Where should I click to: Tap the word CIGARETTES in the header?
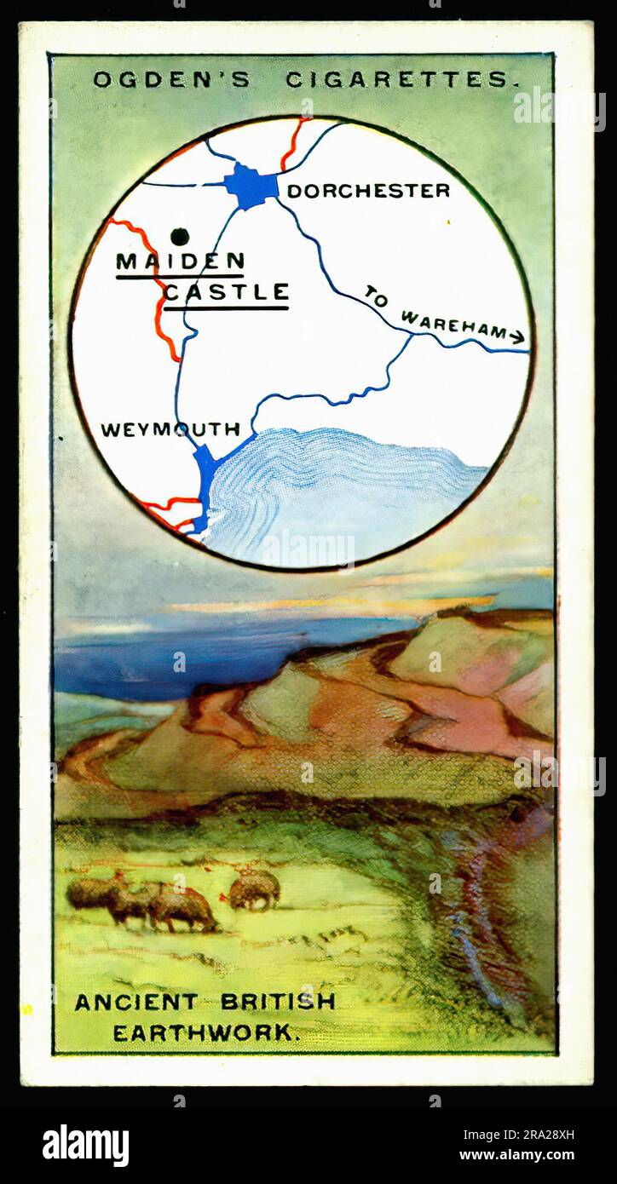pyautogui.click(x=401, y=80)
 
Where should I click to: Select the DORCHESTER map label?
pyautogui.click(x=368, y=191)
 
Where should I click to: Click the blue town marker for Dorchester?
pyautogui.click(x=251, y=186)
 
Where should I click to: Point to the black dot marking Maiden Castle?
pyautogui.click(x=179, y=236)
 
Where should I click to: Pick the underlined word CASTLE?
pyautogui.click(x=226, y=293)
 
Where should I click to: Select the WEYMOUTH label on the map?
pyautogui.click(x=170, y=429)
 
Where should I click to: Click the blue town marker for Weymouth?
pyautogui.click(x=205, y=477)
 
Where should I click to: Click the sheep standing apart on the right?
pyautogui.click(x=254, y=889)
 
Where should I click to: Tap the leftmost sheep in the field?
pyautogui.click(x=92, y=892)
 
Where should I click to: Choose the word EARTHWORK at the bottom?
pyautogui.click(x=206, y=1032)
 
